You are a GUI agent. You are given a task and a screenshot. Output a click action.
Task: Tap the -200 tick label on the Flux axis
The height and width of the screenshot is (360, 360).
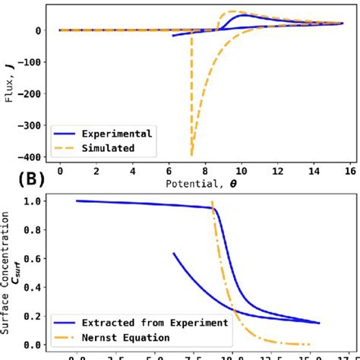[x=29, y=93]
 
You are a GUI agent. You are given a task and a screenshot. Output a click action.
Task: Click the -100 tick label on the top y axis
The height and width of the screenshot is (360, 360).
[x=29, y=62]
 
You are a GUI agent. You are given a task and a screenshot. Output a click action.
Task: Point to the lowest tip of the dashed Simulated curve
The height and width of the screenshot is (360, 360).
[x=191, y=154]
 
